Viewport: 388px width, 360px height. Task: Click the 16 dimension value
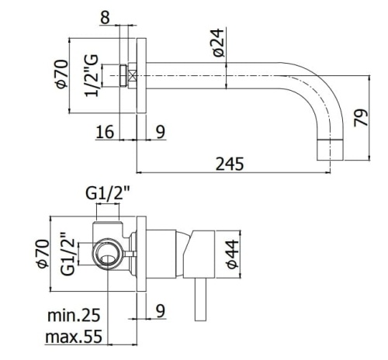(x=105, y=132)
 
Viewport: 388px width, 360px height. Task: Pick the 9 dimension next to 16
(x=161, y=132)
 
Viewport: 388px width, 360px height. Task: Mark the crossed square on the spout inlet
(x=131, y=76)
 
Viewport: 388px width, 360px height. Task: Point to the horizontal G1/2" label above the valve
(x=108, y=192)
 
